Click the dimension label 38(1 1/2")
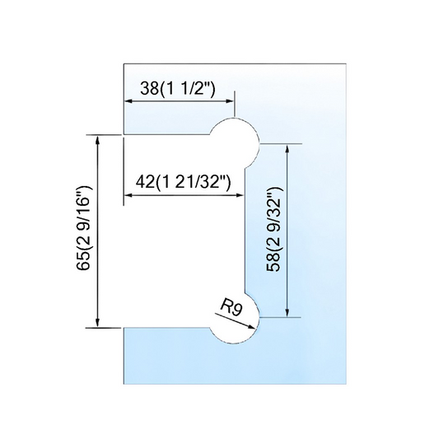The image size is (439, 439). [x=178, y=89]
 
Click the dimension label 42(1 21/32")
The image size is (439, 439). [x=183, y=183]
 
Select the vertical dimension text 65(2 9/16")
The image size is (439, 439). [x=84, y=227]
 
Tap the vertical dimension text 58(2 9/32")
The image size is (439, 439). [x=273, y=229]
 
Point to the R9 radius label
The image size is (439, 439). [x=231, y=307]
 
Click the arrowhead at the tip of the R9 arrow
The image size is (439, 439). [x=252, y=326]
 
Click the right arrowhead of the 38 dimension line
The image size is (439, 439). [x=230, y=101]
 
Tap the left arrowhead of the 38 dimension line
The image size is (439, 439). [x=128, y=101]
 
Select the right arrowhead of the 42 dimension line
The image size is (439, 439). [x=241, y=195]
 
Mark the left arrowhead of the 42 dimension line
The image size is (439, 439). [x=128, y=195]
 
